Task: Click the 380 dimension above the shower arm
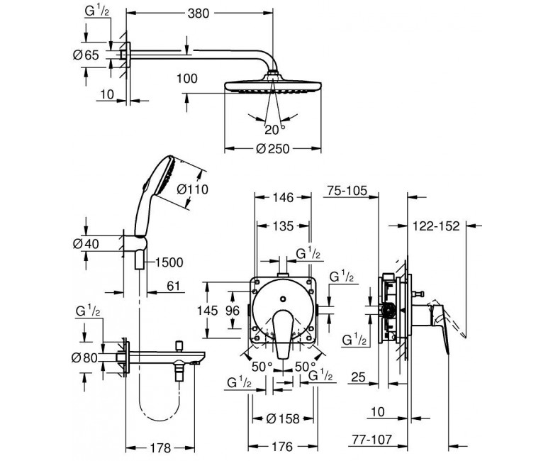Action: click(199, 13)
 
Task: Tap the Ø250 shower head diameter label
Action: click(273, 149)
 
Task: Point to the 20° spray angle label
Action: click(274, 130)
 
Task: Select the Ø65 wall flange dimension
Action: click(86, 55)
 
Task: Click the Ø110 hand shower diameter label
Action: click(192, 189)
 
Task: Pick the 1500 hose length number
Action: click(169, 262)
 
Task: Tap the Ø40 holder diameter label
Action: click(86, 244)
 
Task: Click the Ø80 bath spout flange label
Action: click(84, 357)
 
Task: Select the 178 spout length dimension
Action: click(160, 448)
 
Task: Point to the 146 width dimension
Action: click(283, 198)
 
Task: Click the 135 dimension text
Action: click(283, 226)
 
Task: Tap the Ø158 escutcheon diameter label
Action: click(283, 418)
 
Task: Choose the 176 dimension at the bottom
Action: click(282, 447)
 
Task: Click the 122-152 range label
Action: click(436, 226)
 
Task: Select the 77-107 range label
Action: click(372, 440)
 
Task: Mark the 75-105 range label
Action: click(347, 191)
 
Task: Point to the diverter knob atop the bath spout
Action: click(179, 345)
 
